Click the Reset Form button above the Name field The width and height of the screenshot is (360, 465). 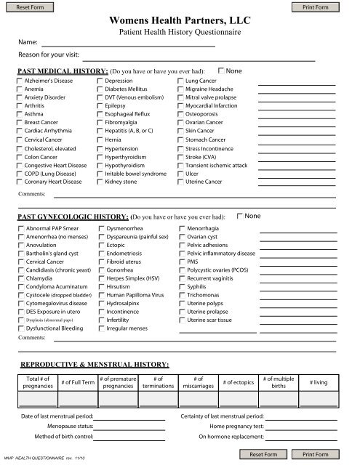click(x=27, y=7)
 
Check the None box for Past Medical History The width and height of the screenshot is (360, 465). click(x=222, y=70)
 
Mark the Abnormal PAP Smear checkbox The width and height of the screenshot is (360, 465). click(x=20, y=228)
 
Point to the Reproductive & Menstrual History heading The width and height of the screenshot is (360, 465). click(x=95, y=363)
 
